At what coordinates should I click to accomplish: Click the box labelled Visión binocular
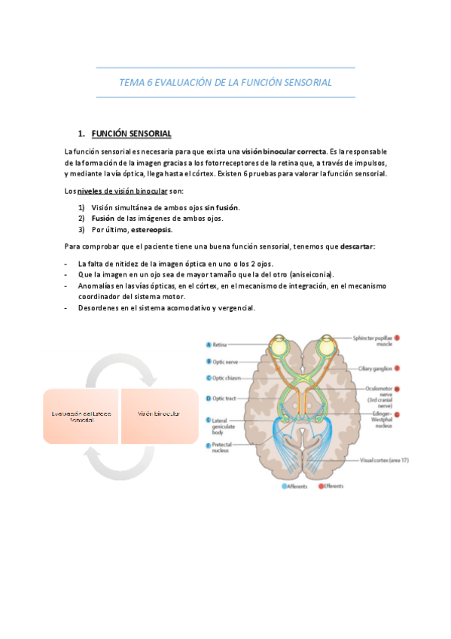tap(159, 415)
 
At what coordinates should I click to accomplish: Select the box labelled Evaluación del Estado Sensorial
tap(81, 415)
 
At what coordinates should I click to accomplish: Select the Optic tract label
tap(225, 398)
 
